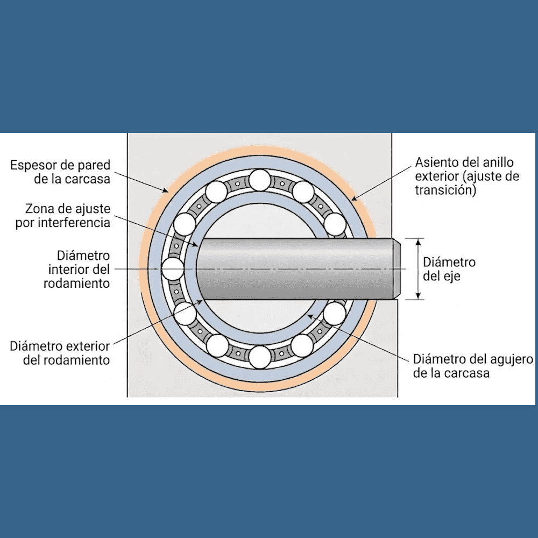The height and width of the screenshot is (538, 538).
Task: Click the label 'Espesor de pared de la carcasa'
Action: (60, 171)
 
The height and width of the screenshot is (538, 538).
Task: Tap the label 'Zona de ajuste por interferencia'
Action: (68, 215)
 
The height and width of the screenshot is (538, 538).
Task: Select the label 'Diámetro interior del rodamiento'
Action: (77, 268)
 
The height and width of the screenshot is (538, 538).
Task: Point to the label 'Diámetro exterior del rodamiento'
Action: (60, 353)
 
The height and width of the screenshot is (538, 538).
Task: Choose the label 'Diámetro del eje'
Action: (449, 269)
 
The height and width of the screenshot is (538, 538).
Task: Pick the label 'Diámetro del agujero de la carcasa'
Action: (473, 366)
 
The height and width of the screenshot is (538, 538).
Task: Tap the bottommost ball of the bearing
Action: (260, 357)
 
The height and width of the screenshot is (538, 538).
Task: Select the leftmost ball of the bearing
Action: (173, 268)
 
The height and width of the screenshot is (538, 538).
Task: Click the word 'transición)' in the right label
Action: (446, 190)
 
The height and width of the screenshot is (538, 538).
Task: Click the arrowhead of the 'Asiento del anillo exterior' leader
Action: (352, 199)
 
